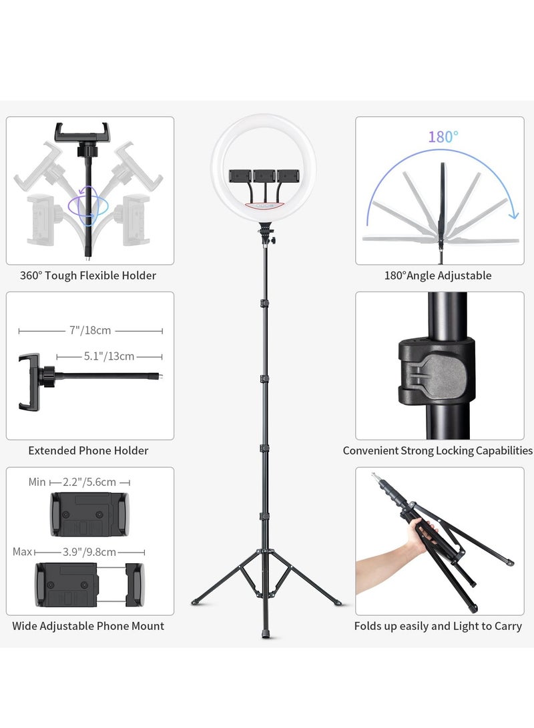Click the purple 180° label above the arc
(x=443, y=137)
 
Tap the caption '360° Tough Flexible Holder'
(x=88, y=276)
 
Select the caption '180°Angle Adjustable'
(x=438, y=276)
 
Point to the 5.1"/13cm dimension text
(x=109, y=356)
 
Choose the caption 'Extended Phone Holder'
(x=88, y=451)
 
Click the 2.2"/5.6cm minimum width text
(x=89, y=482)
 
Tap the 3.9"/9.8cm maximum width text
(x=89, y=552)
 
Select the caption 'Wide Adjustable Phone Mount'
(x=88, y=626)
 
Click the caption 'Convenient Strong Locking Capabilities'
(x=438, y=451)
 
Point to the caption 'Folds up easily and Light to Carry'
(x=438, y=626)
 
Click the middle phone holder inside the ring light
(x=264, y=175)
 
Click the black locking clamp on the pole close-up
(x=437, y=371)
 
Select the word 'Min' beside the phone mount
(x=37, y=482)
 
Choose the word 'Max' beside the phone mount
(x=22, y=552)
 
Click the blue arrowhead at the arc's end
(x=513, y=214)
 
